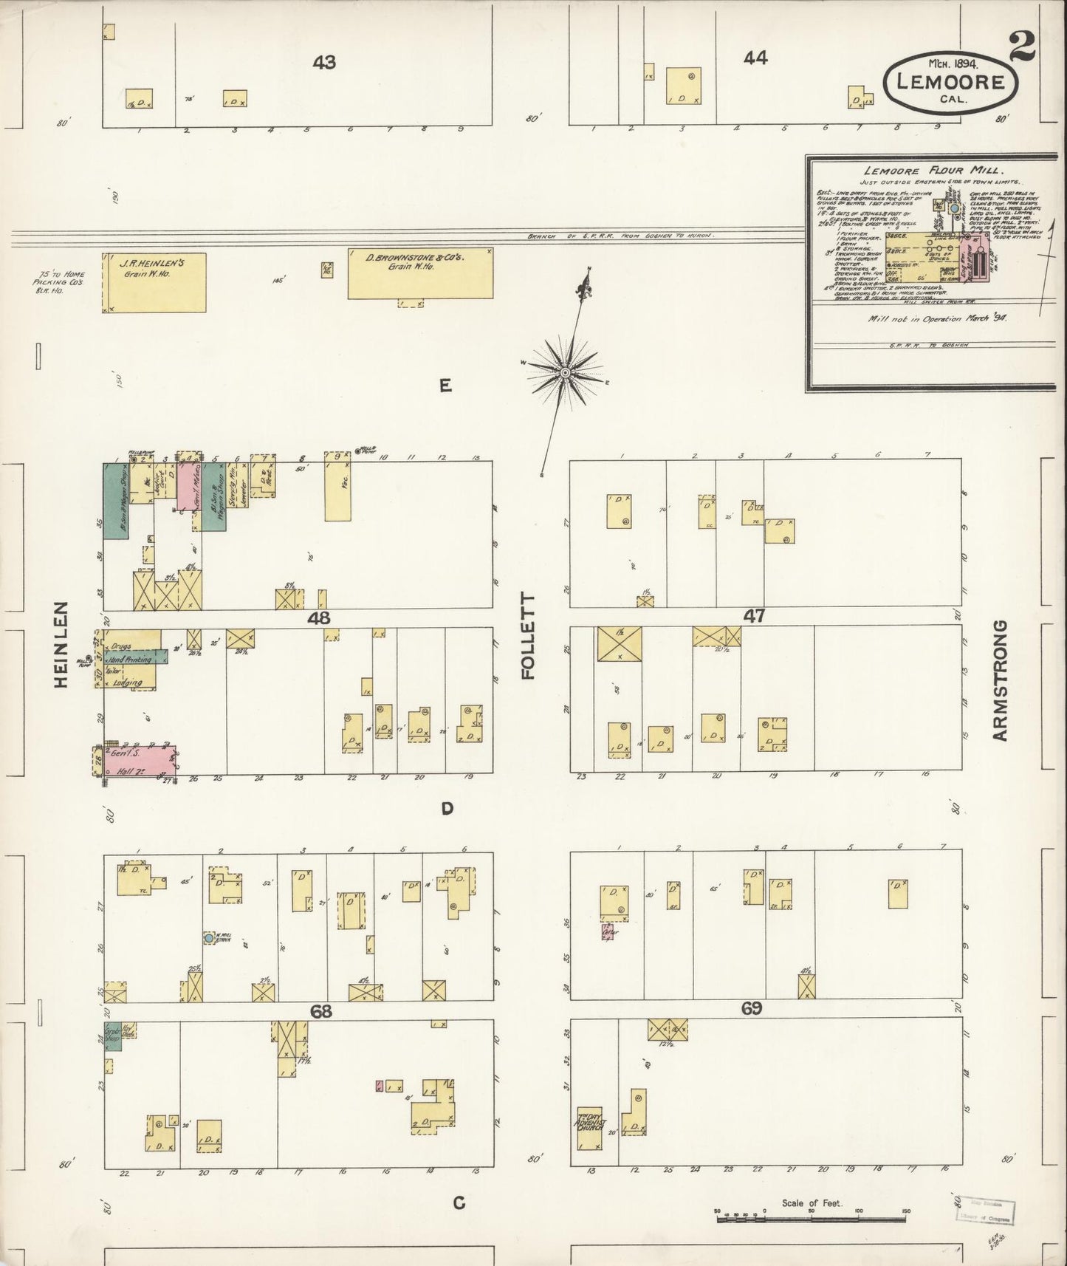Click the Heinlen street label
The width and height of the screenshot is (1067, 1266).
click(61, 645)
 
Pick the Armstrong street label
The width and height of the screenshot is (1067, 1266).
click(1000, 680)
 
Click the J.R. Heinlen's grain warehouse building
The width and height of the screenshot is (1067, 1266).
click(154, 282)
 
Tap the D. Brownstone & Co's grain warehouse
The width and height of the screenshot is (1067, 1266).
click(420, 273)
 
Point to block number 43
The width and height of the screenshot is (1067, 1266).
click(323, 63)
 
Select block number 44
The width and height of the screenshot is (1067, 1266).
click(755, 58)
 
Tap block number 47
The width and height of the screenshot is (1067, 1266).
click(755, 615)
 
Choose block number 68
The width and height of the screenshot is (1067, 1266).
click(320, 1011)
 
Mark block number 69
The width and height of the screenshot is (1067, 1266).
click(751, 1008)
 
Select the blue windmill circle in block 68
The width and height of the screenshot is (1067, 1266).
click(209, 937)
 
